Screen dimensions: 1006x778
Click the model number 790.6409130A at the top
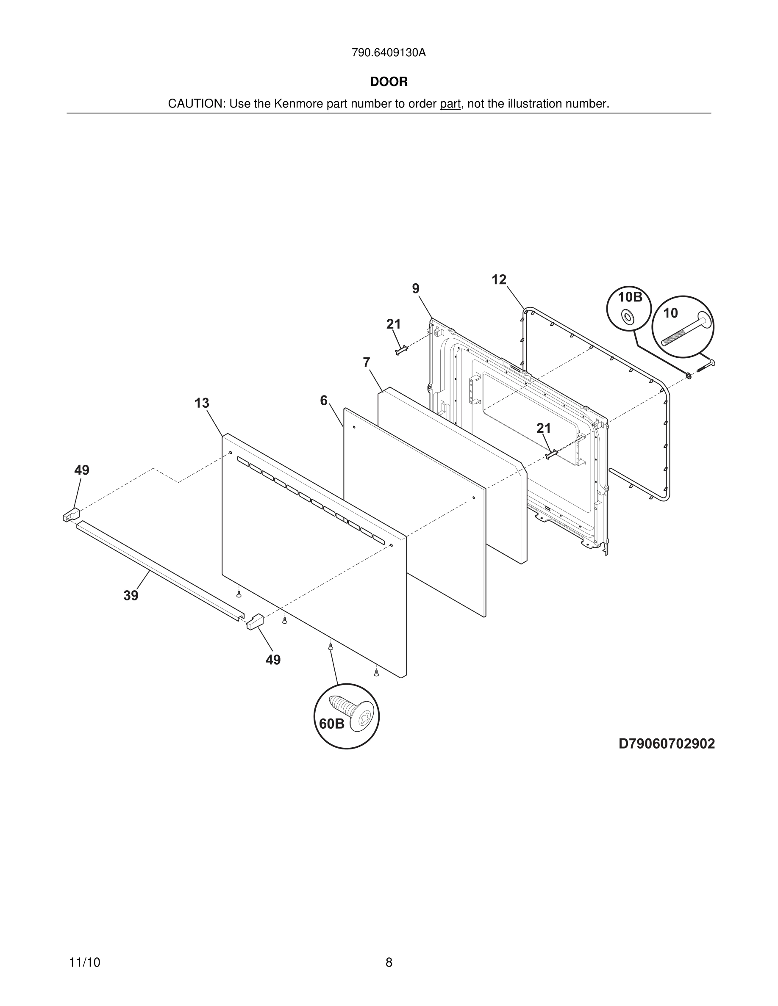coord(389,53)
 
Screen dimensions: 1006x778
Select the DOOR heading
coord(389,82)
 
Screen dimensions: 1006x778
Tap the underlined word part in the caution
coord(450,104)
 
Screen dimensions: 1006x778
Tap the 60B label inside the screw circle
coord(331,724)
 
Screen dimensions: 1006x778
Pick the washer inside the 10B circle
coord(627,316)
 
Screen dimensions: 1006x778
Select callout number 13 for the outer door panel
coord(202,404)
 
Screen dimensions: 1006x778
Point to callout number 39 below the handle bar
coord(131,596)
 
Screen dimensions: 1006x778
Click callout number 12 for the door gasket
coord(499,279)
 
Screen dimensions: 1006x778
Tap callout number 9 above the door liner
coord(416,289)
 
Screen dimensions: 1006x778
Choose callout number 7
coord(367,363)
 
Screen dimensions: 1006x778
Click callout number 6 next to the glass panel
coord(324,401)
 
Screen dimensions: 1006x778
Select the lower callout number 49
coord(273,660)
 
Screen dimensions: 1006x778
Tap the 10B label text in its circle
coord(630,298)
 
